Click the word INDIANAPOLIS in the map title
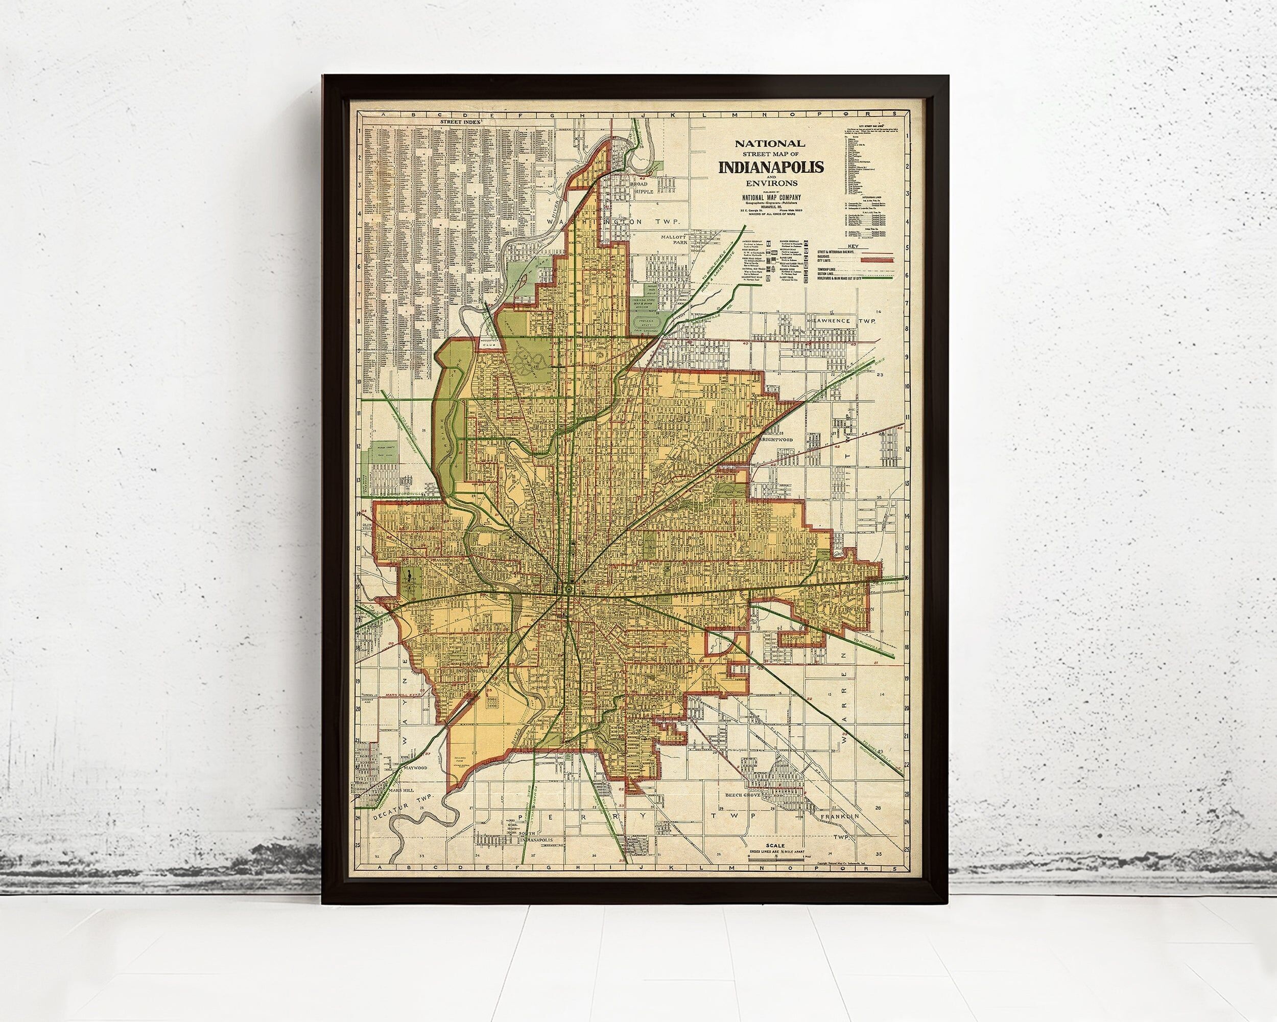tap(771, 167)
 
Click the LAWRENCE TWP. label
tap(842, 320)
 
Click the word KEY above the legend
tap(853, 245)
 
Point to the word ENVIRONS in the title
tap(771, 183)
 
